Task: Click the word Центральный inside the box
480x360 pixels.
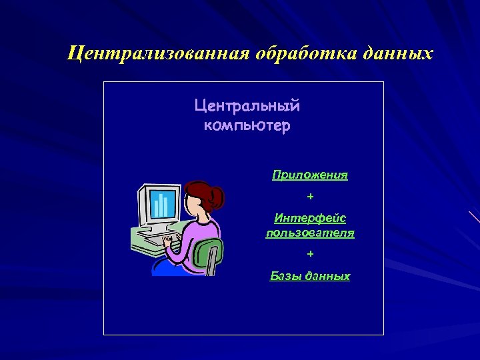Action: pos(247,105)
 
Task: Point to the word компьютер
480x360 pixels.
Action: pos(247,125)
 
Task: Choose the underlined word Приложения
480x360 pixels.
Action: pos(310,175)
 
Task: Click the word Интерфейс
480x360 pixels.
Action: pos(310,218)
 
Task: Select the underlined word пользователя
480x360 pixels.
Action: pos(310,233)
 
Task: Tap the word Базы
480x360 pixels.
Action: pos(283,275)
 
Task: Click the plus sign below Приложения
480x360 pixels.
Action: pos(310,197)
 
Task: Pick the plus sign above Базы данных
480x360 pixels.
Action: pos(310,254)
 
